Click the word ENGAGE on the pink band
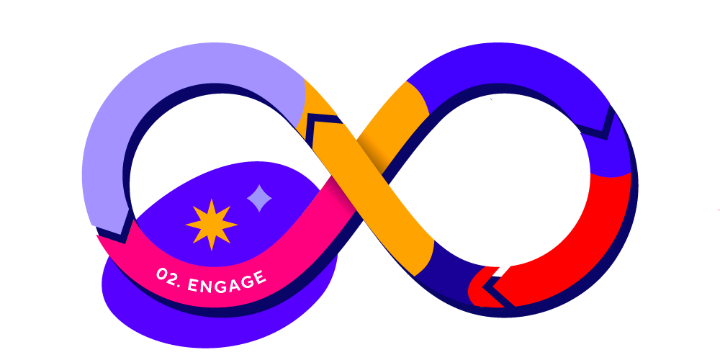pyautogui.click(x=226, y=281)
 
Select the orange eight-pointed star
pyautogui.click(x=211, y=225)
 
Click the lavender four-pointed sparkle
pyautogui.click(x=259, y=198)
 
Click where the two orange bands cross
pyautogui.click(x=360, y=162)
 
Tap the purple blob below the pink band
pyautogui.click(x=216, y=324)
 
